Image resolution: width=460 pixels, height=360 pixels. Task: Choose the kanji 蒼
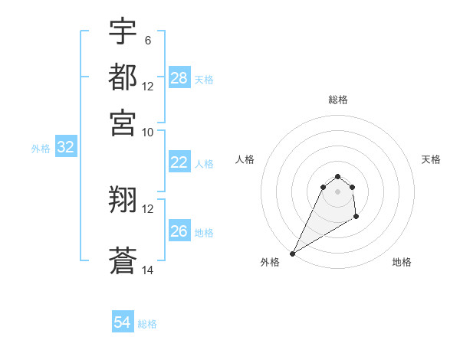[123, 260]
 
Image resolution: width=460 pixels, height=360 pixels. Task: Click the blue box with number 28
[179, 78]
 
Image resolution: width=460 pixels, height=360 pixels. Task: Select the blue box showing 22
[179, 162]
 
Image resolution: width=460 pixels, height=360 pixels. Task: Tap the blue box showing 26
[179, 231]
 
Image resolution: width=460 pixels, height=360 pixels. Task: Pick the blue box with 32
[65, 148]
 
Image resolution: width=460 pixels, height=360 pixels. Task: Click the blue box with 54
[123, 322]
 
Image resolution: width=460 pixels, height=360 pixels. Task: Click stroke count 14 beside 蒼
[148, 270]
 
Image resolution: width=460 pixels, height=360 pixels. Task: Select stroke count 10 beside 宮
[148, 131]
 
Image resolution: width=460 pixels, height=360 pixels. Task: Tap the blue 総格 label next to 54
[147, 324]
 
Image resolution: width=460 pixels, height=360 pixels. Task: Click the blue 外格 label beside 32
[41, 149]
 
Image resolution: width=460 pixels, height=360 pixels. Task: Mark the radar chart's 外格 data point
[292, 254]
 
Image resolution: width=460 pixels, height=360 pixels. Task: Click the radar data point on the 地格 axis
[356, 218]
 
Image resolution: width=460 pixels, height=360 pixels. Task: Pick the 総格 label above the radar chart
[337, 100]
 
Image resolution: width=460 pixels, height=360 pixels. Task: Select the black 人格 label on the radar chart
[245, 159]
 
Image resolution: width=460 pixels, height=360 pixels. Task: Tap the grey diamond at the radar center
[337, 191]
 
